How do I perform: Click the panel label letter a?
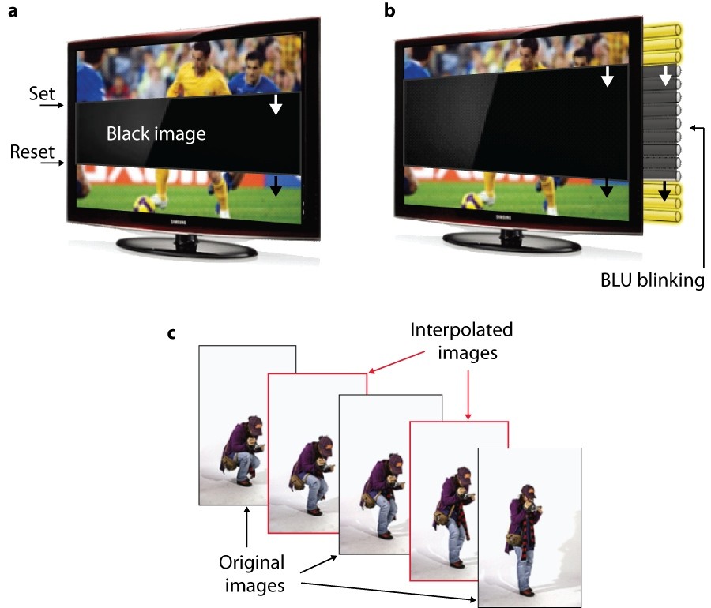point(13,11)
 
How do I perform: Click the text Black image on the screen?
point(156,134)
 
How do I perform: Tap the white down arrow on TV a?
point(275,104)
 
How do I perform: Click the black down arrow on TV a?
point(275,187)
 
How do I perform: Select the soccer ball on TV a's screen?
point(145,203)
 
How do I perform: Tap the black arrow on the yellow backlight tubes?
point(665,190)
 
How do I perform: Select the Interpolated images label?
point(461,341)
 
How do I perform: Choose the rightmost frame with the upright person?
point(530,526)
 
